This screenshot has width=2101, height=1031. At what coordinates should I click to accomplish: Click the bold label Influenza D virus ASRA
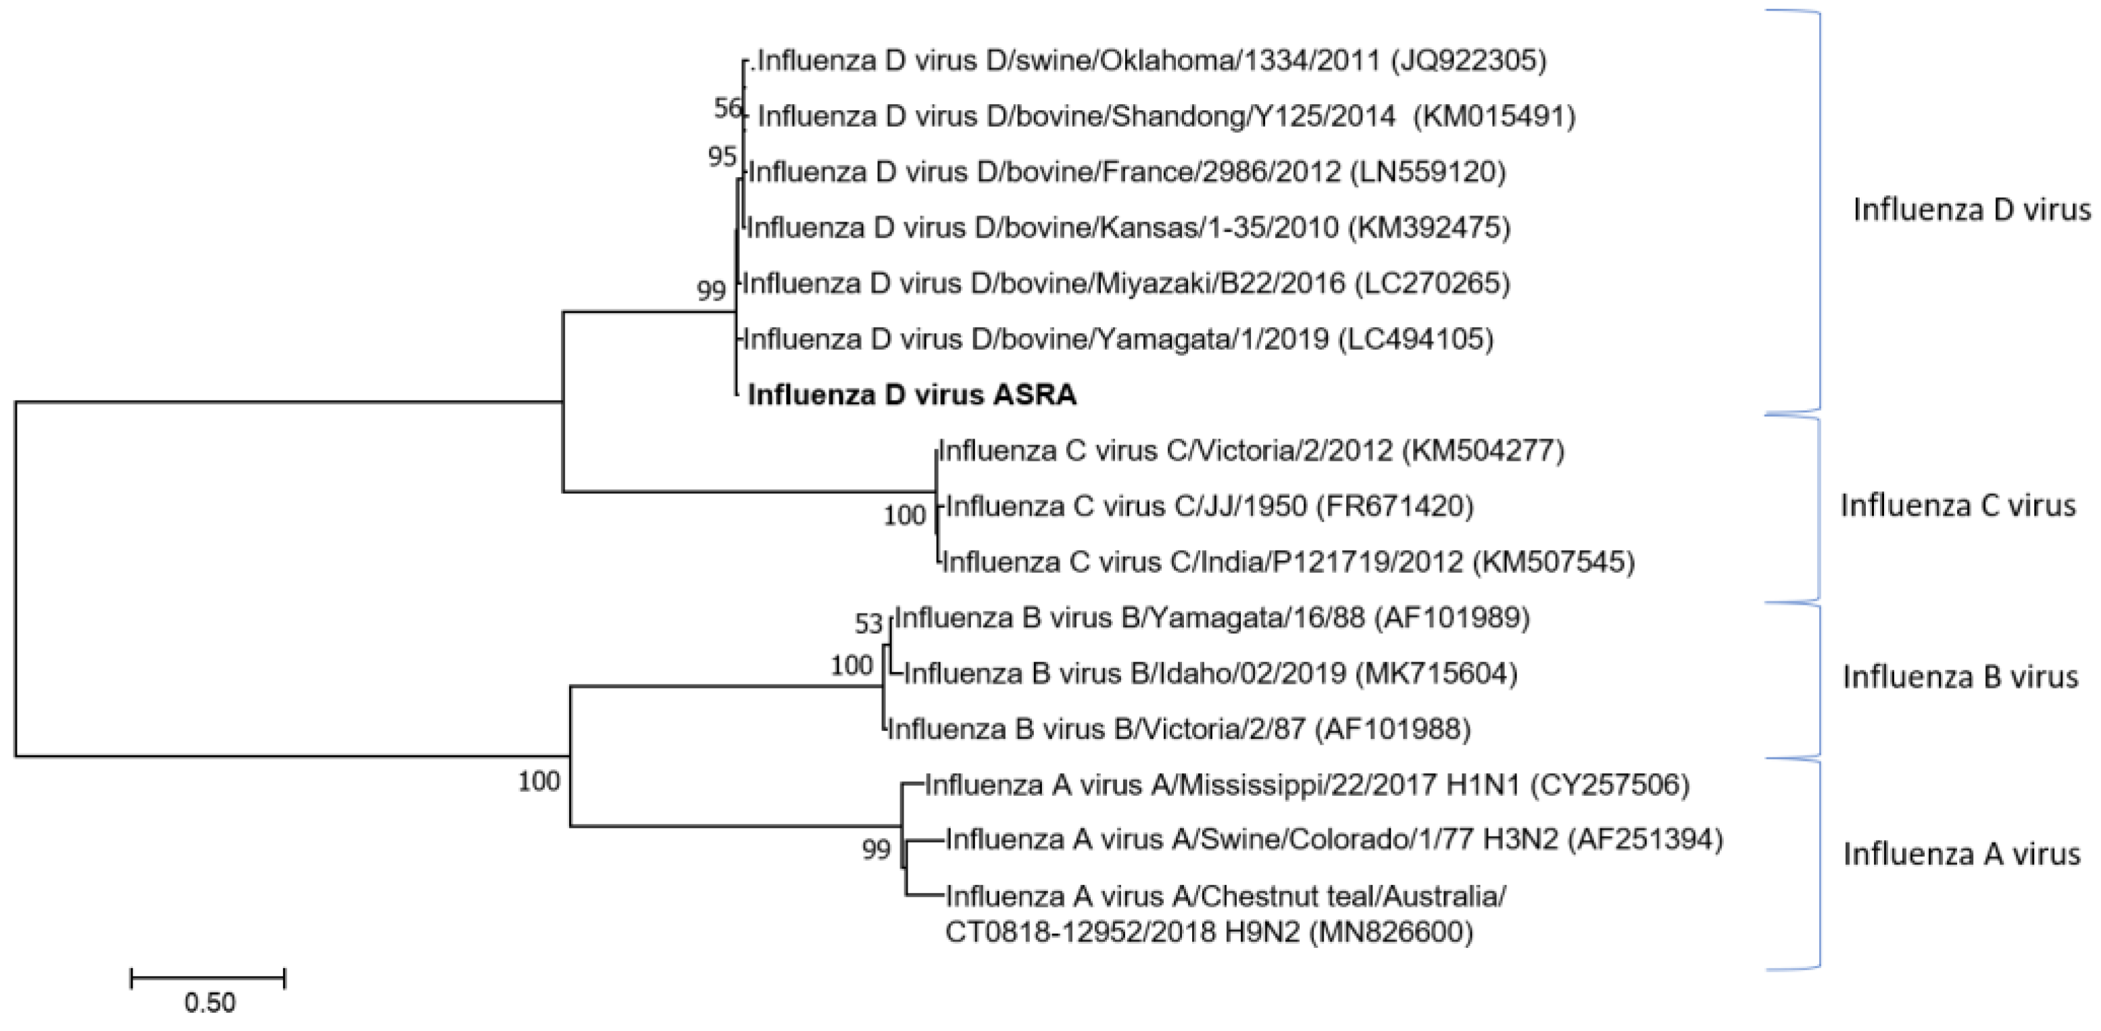(912, 395)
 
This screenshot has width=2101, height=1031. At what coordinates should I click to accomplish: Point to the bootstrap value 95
(722, 156)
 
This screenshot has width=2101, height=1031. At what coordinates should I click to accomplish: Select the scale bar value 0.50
(209, 1003)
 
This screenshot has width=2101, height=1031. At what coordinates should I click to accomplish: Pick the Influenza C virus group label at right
(1958, 506)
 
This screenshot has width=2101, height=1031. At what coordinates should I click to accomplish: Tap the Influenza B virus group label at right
(1960, 676)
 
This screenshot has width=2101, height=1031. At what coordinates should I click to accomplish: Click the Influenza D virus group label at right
(1971, 209)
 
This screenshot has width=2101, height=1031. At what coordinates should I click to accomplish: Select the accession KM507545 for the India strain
(1554, 562)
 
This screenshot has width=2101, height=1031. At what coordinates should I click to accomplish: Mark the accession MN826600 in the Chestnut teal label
(1391, 932)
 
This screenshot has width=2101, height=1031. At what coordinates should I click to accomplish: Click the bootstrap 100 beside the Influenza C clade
(904, 515)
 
